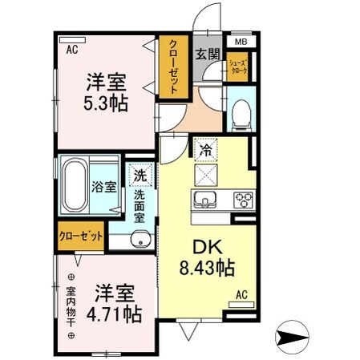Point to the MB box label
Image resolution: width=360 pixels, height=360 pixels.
click(241, 42)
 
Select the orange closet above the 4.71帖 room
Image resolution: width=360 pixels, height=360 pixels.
click(81, 237)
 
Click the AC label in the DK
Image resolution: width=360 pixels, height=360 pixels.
click(241, 295)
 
